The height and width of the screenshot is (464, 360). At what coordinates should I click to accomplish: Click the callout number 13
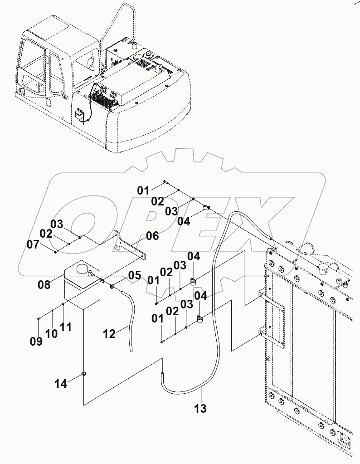[200, 408]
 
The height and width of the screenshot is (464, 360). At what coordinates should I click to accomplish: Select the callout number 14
[61, 384]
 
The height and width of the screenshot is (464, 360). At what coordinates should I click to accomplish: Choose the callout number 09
[36, 341]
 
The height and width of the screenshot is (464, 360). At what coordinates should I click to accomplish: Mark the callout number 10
[51, 333]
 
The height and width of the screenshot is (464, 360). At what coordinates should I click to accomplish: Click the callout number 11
[66, 327]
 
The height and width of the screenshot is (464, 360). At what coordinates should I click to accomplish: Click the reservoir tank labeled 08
[82, 288]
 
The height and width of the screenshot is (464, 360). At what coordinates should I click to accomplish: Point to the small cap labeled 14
[84, 374]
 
